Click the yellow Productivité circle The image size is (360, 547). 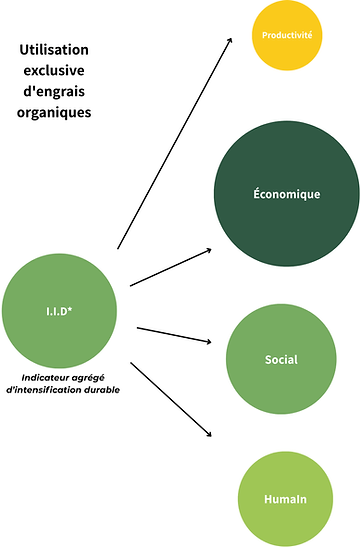pos(287,36)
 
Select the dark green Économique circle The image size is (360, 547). pos(287,194)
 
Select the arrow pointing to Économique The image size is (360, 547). pos(170,266)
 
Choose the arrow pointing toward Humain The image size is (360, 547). pos(171,398)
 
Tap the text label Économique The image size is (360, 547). pos(287,194)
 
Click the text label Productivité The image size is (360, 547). pos(287,36)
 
